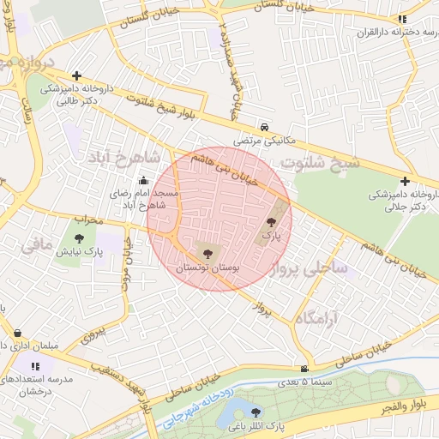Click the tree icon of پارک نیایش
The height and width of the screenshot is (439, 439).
tap(80, 239)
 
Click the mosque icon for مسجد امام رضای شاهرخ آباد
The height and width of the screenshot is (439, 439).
tap(142, 181)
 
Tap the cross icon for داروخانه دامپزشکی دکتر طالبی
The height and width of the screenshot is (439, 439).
tap(77, 75)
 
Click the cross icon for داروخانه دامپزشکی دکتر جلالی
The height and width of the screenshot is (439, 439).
tap(404, 181)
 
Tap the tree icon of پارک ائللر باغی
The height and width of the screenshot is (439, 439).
tap(255, 412)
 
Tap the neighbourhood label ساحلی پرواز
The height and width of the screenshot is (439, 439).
tap(309, 268)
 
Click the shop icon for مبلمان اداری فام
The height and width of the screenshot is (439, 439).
tap(18, 334)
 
